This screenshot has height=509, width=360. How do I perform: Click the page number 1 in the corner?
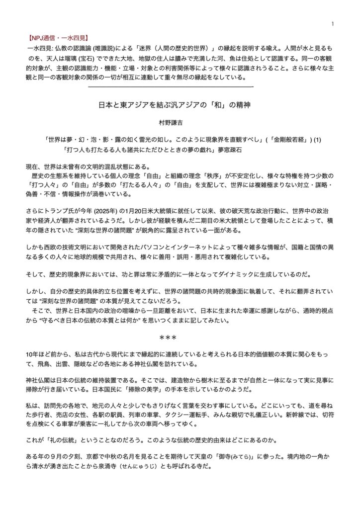332,24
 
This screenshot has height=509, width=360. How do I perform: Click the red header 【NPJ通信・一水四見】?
55,37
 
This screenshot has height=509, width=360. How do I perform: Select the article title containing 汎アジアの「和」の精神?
180,105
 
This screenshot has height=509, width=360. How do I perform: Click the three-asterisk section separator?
180,337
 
